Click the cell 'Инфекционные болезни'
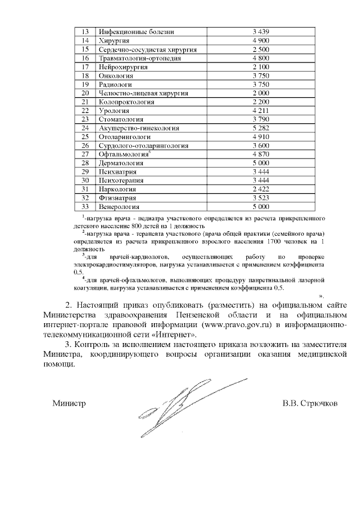click(x=136, y=31)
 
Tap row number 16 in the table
click(x=86, y=58)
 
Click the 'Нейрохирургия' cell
click(x=123, y=67)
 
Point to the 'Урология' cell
click(x=115, y=110)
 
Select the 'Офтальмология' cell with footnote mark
click(x=124, y=154)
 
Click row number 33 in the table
click(x=86, y=207)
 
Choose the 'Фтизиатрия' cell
click(x=118, y=198)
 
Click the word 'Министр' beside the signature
click(x=69, y=403)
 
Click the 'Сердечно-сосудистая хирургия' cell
click(x=148, y=49)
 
